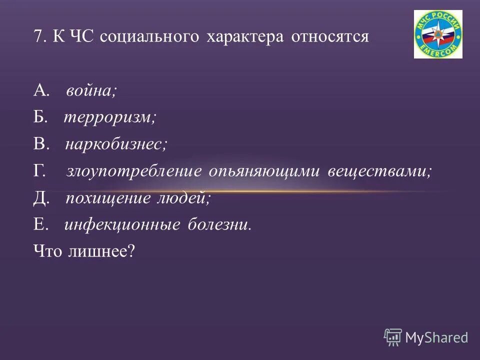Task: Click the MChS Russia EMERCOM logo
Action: click(x=438, y=33)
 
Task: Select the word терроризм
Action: click(x=110, y=117)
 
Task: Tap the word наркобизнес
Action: click(x=116, y=144)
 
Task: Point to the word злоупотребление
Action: click(x=133, y=171)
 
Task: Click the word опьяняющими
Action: click(x=265, y=171)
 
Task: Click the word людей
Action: click(x=183, y=198)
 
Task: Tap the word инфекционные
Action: click(x=122, y=225)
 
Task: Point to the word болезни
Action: click(x=219, y=225)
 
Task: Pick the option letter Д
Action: click(x=41, y=198)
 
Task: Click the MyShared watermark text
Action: click(x=436, y=337)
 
